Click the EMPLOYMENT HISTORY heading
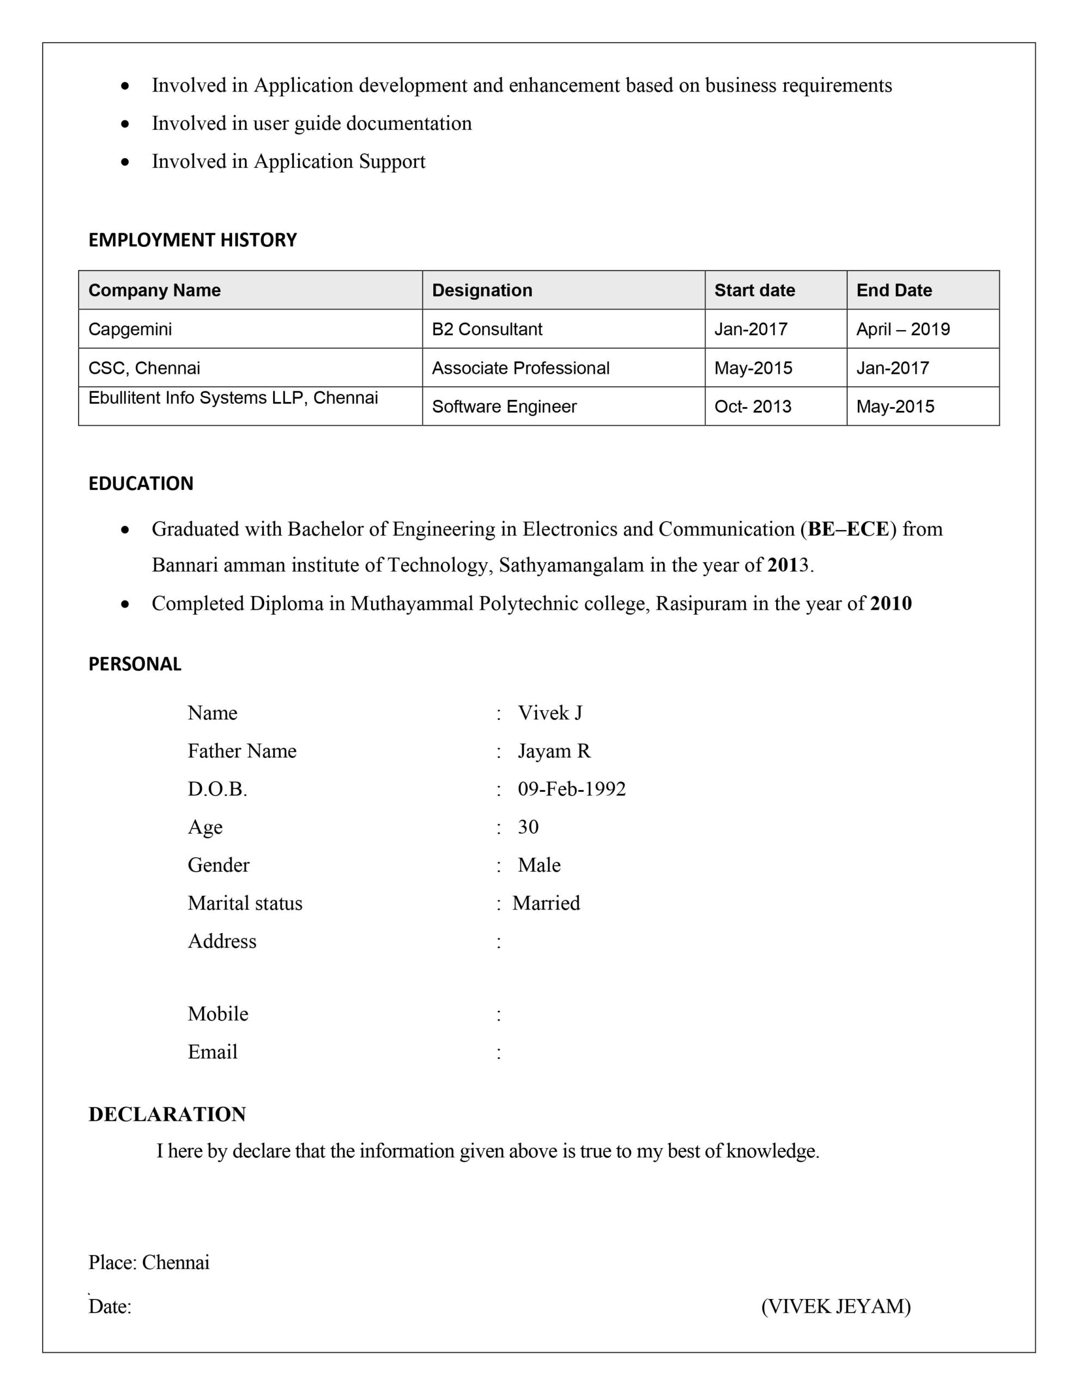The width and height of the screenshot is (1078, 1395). coord(192,240)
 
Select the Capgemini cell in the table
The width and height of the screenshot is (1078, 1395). coord(130,329)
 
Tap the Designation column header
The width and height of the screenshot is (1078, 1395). coord(482,290)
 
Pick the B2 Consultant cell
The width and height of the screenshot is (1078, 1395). coord(487,329)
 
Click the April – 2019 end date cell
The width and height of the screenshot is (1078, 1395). coord(903,329)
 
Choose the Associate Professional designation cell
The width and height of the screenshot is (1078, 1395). coord(520,368)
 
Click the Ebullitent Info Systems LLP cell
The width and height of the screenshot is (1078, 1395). coord(233,398)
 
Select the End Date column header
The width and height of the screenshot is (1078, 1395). coord(893,290)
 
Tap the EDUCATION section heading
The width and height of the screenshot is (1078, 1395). coord(141,483)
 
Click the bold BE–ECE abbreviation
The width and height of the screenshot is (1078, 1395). coord(848,529)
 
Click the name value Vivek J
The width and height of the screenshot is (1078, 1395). coord(549,713)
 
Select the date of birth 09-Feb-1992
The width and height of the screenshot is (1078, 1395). coord(571,789)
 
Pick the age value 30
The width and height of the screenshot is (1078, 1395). coord(528,827)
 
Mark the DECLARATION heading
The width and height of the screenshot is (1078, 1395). coord(167,1114)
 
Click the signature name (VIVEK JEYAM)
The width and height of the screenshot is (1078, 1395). coord(835,1307)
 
